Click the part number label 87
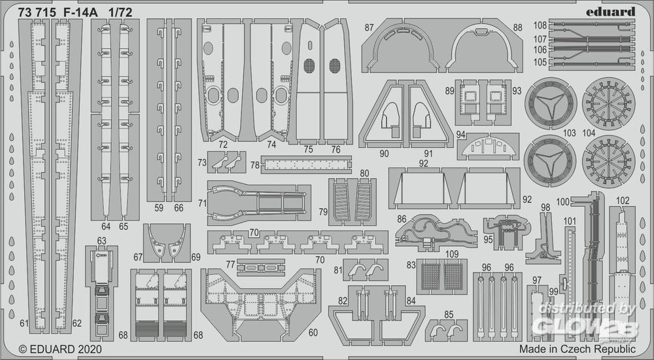(x=369, y=27)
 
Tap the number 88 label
(x=517, y=27)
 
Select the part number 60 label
(x=313, y=333)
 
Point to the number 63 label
(x=101, y=241)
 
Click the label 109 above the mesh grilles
(x=452, y=254)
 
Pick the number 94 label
(x=461, y=134)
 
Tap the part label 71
(x=203, y=204)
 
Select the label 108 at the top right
(x=540, y=26)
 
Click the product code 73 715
(x=37, y=12)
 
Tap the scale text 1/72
(x=120, y=12)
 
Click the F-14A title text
(x=80, y=12)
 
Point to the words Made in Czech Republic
(x=577, y=349)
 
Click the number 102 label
(x=623, y=200)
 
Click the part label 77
(x=231, y=264)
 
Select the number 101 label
(x=570, y=221)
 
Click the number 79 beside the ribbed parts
(x=323, y=211)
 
